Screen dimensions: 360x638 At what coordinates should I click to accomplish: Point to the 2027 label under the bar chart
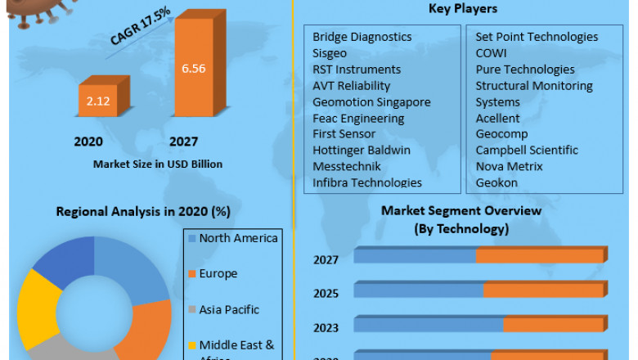coord(183,142)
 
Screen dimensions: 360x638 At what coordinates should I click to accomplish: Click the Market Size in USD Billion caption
coord(157,164)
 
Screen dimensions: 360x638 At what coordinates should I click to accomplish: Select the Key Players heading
coord(463,9)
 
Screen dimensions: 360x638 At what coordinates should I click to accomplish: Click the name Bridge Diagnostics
coord(362,37)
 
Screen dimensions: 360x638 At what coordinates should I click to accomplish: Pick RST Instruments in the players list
coord(357,70)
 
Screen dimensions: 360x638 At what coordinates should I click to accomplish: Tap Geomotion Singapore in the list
coord(371,102)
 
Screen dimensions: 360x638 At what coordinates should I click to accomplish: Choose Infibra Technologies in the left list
coord(367,182)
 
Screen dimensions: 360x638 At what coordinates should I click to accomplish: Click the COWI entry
coord(492,53)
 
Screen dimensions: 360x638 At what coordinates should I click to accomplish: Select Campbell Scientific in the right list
coord(527,151)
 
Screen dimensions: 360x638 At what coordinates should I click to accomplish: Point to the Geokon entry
coord(496,182)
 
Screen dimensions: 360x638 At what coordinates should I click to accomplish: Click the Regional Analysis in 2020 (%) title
coord(143,211)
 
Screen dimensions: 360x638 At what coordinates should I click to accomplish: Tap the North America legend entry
coord(238,239)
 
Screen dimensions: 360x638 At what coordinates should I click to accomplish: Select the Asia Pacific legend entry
coord(229,310)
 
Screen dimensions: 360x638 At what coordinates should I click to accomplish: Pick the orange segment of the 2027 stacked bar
coord(540,257)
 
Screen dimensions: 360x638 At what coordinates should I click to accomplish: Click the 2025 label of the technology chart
coord(326,293)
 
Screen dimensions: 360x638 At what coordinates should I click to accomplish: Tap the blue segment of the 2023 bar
coord(428,325)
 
